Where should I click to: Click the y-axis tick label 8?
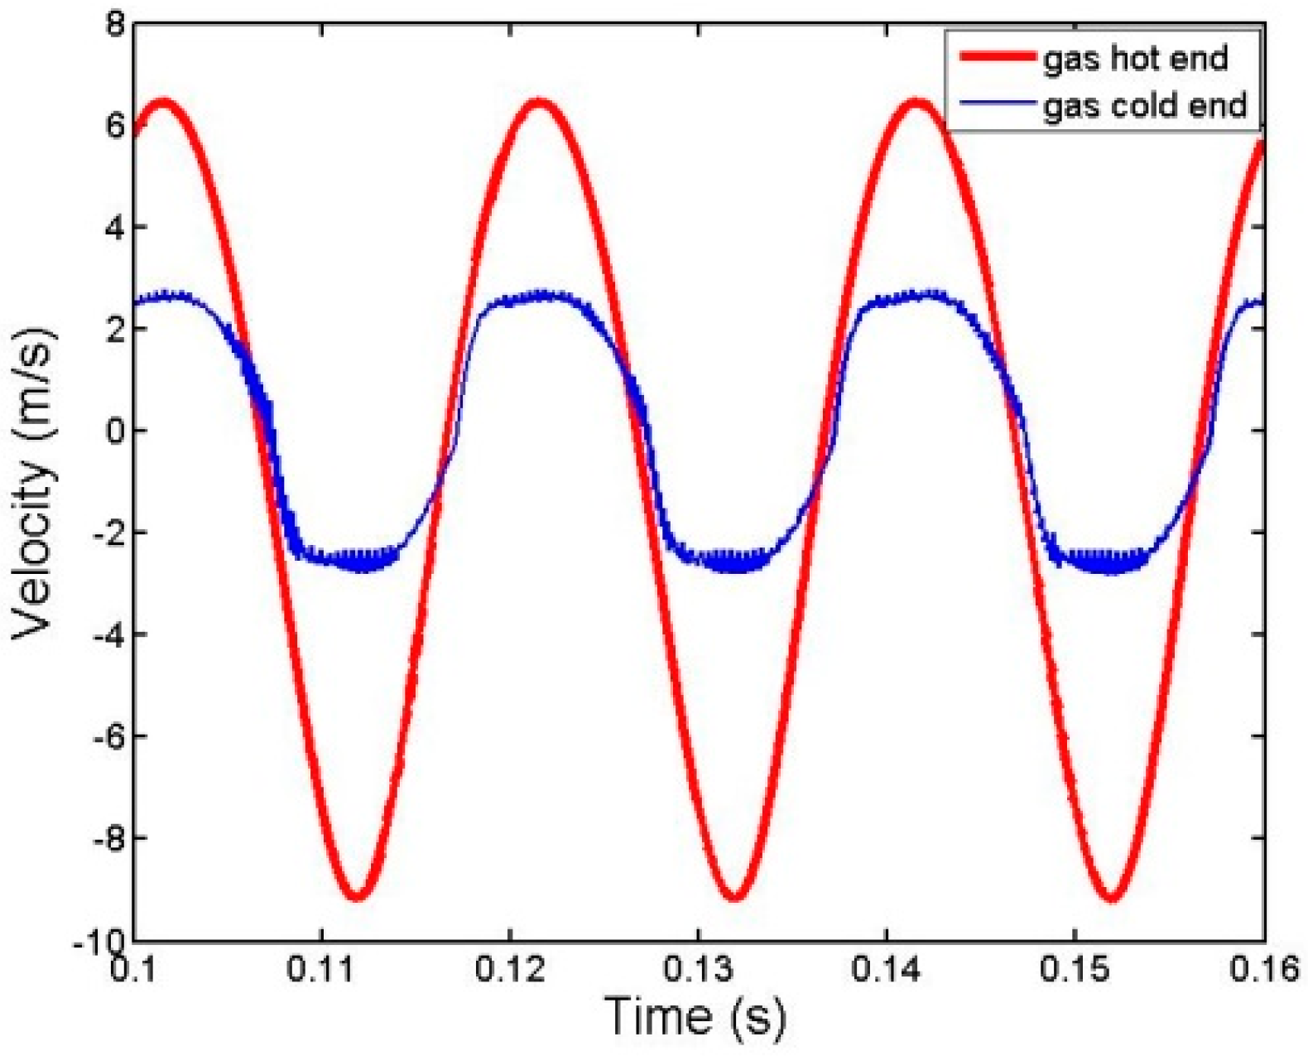[113, 25]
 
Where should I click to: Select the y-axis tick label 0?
[113, 431]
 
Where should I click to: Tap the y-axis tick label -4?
[106, 634]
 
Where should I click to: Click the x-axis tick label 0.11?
[322, 969]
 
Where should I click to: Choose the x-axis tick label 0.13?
[699, 969]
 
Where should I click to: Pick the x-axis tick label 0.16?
[1263, 969]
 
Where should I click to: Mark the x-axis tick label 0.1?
[135, 969]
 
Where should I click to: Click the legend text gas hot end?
[1135, 59]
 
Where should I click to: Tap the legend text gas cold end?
[1144, 106]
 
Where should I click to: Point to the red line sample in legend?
[996, 57]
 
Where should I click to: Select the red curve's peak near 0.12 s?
[540, 104]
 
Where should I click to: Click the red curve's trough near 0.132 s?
[733, 896]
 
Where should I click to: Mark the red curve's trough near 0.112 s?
[357, 896]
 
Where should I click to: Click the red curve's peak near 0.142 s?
[916, 104]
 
